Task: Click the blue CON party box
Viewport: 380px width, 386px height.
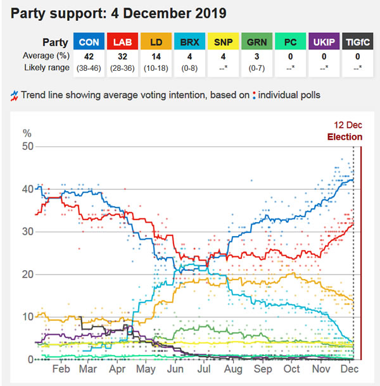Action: (x=89, y=42)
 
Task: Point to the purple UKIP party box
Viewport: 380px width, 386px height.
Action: (x=322, y=42)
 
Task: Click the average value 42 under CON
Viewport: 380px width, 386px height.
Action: (x=89, y=56)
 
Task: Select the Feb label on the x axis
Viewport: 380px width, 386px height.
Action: (x=61, y=370)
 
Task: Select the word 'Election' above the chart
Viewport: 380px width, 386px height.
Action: (x=345, y=137)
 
